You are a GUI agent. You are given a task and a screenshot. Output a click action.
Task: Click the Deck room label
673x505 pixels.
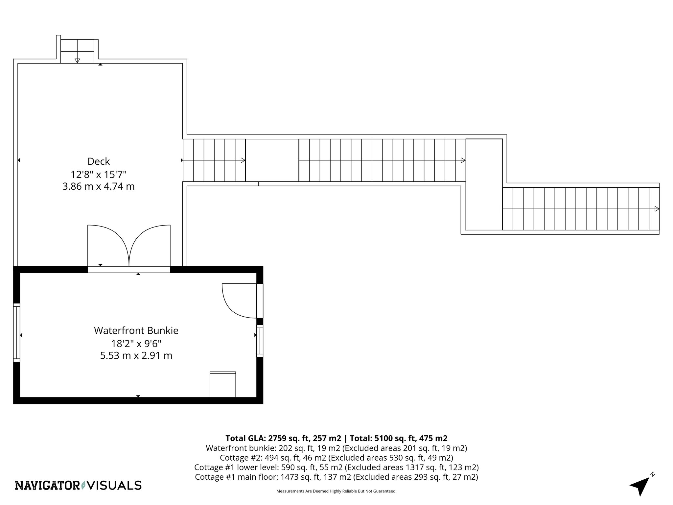pyautogui.click(x=98, y=161)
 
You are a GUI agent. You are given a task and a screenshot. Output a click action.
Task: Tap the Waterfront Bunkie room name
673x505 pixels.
pyautogui.click(x=136, y=330)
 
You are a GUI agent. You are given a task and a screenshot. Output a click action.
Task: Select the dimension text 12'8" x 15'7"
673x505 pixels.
pyautogui.click(x=98, y=174)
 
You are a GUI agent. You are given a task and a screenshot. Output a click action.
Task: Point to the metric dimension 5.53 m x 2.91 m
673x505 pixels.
pyautogui.click(x=136, y=355)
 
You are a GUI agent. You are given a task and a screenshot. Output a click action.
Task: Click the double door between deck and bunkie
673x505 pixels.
pyautogui.click(x=129, y=247)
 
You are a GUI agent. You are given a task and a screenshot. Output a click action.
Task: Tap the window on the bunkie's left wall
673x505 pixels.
pyautogui.click(x=17, y=332)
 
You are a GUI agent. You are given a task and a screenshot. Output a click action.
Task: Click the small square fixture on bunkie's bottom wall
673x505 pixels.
pyautogui.click(x=223, y=384)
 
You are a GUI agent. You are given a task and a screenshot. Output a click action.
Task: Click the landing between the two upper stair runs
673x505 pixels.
pyautogui.click(x=272, y=160)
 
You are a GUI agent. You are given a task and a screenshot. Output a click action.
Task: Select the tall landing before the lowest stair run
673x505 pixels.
pyautogui.click(x=484, y=184)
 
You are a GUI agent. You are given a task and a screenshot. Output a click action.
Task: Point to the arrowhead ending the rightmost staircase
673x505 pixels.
pyautogui.click(x=657, y=209)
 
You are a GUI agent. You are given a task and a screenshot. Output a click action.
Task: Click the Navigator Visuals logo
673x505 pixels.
pyautogui.click(x=78, y=485)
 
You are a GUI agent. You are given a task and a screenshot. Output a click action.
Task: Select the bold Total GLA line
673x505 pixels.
pyautogui.click(x=336, y=438)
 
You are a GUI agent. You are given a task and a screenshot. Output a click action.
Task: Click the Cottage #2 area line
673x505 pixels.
pyautogui.click(x=336, y=458)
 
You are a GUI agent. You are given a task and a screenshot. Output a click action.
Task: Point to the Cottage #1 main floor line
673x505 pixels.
pyautogui.click(x=336, y=477)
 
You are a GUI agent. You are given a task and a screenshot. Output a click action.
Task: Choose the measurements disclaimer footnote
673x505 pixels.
pyautogui.click(x=336, y=491)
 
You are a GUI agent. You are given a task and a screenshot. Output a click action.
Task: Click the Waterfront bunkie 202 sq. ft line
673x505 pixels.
pyautogui.click(x=336, y=448)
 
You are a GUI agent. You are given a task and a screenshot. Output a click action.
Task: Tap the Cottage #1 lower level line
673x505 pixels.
pyautogui.click(x=336, y=467)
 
